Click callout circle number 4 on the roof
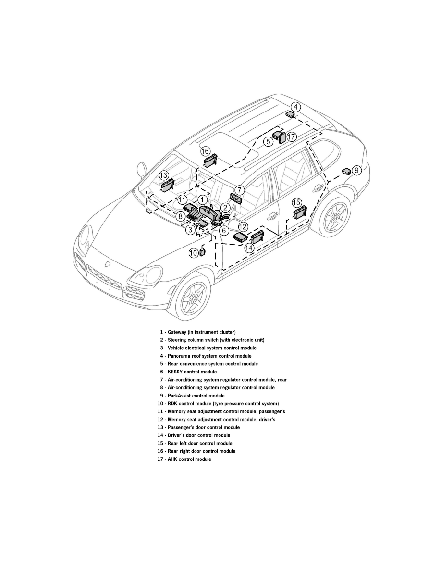pyautogui.click(x=296, y=107)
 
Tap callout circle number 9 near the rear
pyautogui.click(x=356, y=170)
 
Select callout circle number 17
pyautogui.click(x=292, y=137)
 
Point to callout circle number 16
pyautogui.click(x=205, y=151)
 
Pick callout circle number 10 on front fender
pyautogui.click(x=193, y=252)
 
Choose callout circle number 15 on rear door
pyautogui.click(x=297, y=202)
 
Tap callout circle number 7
pyautogui.click(x=240, y=190)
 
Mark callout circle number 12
pyautogui.click(x=243, y=226)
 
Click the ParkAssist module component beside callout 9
pyautogui.click(x=345, y=171)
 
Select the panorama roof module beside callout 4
pyautogui.click(x=290, y=114)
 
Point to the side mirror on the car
pyautogui.click(x=142, y=170)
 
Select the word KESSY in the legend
pyautogui.click(x=175, y=372)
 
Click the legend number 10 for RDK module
pyautogui.click(x=160, y=404)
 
